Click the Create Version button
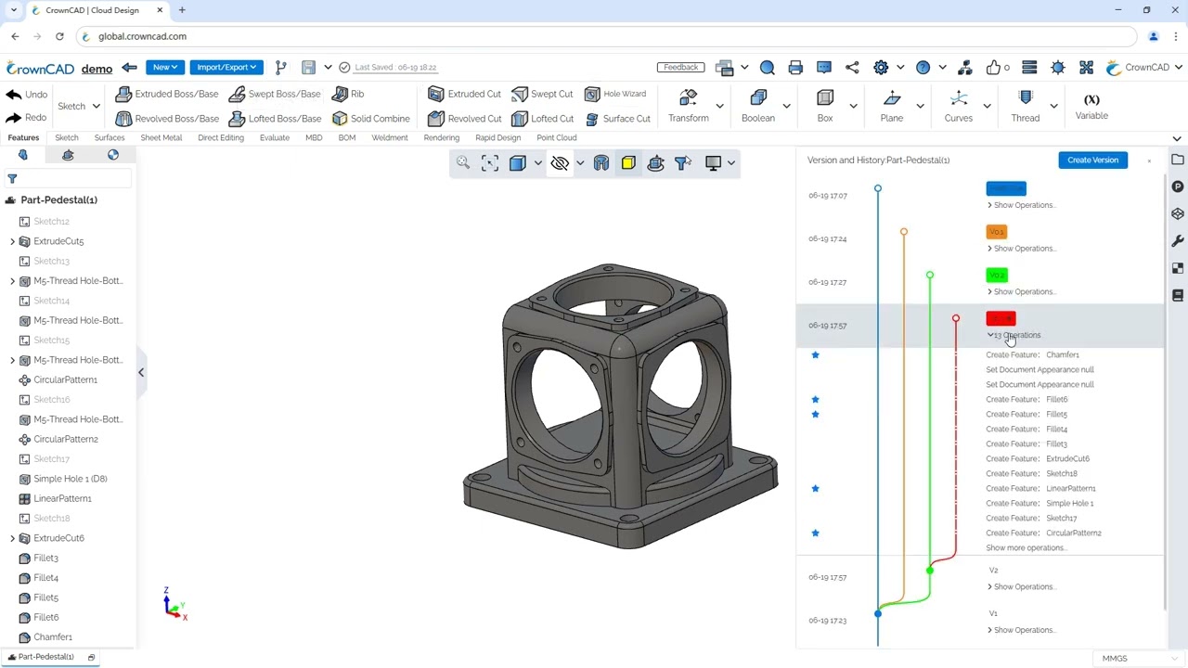click(x=1092, y=160)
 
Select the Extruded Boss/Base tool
click(x=167, y=94)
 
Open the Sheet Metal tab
click(x=161, y=137)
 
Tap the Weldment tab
click(x=389, y=137)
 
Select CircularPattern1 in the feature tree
click(x=65, y=379)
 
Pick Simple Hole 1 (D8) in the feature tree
click(x=70, y=479)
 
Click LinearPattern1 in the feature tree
click(x=62, y=498)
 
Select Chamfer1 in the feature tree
click(x=53, y=637)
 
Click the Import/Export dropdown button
click(x=226, y=67)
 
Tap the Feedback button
click(x=680, y=67)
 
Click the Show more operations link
click(x=1026, y=547)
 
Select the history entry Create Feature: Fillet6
click(x=1027, y=399)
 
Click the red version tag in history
click(x=1001, y=318)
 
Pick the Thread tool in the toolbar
click(x=1025, y=106)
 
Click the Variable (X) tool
click(x=1091, y=106)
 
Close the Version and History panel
click(x=1149, y=161)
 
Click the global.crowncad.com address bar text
click(x=142, y=36)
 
